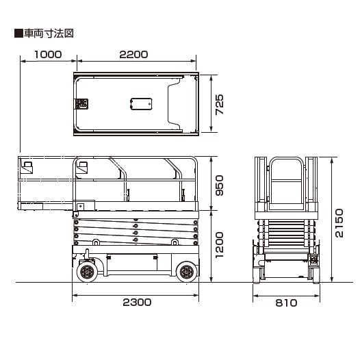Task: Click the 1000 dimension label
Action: [48, 55]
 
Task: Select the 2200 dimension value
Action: [133, 55]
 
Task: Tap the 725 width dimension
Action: [219, 105]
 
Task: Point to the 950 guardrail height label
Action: [219, 185]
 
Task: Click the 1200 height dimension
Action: [219, 245]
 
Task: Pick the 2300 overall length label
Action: [137, 303]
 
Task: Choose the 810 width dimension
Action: [286, 303]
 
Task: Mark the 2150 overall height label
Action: [339, 223]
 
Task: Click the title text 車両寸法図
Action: [49, 34]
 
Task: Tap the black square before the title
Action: [18, 34]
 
